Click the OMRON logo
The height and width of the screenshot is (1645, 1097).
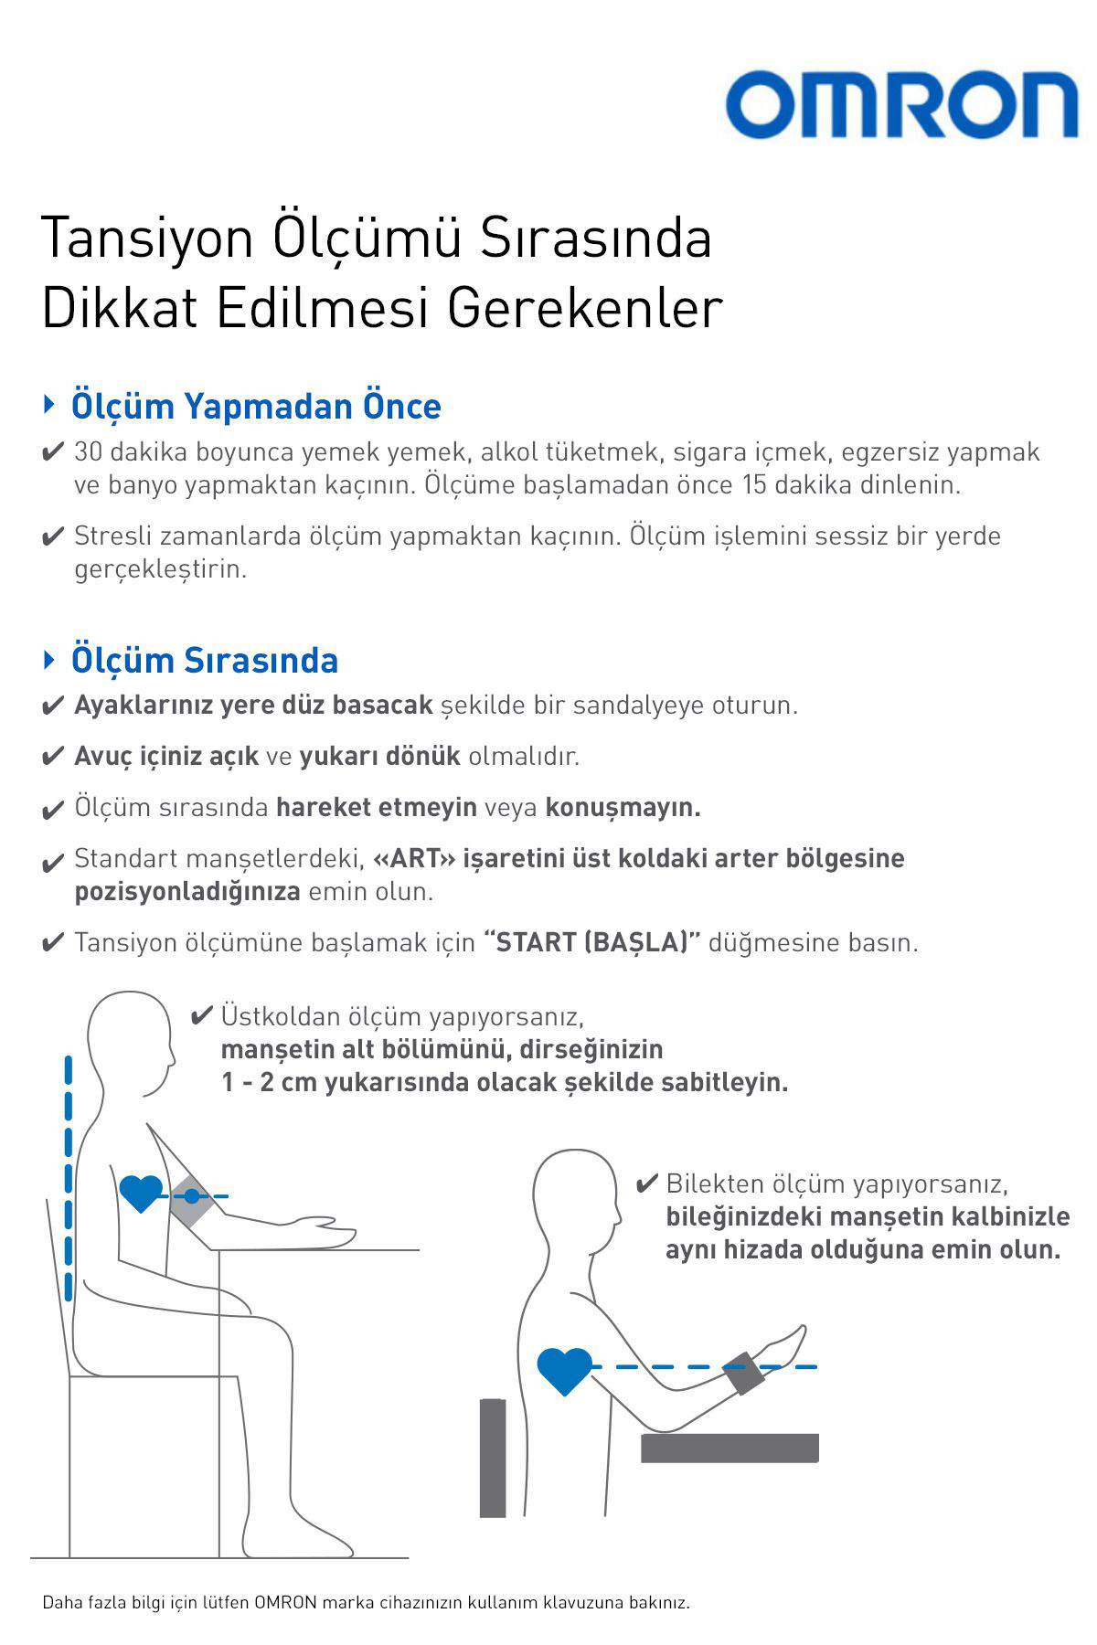[901, 105]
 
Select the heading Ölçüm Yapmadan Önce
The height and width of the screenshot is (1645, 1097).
[256, 407]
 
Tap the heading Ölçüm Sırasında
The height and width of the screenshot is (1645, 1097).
[205, 660]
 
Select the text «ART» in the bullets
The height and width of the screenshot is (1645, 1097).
[414, 859]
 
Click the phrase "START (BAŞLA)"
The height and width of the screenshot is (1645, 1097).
[591, 942]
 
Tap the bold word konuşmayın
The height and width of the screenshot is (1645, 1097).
[623, 807]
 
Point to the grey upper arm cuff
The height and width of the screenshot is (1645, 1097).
[191, 1197]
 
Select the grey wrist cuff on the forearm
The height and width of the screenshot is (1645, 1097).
[743, 1373]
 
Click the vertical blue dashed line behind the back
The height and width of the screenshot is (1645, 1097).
[69, 1179]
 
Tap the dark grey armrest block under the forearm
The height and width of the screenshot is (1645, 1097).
[730, 1448]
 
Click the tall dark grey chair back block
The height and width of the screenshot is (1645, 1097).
[493, 1457]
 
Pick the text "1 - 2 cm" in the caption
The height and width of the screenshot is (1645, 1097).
[264, 1083]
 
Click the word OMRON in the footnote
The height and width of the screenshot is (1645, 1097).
[286, 1603]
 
